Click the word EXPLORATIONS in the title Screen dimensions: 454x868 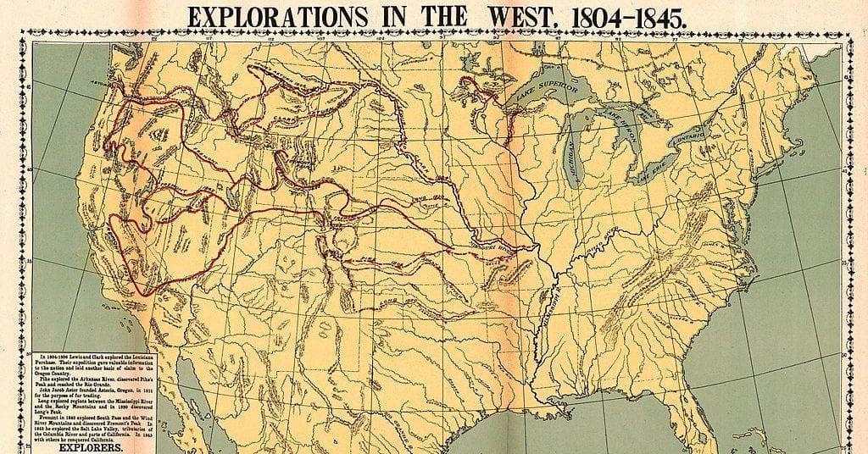click(264, 16)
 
